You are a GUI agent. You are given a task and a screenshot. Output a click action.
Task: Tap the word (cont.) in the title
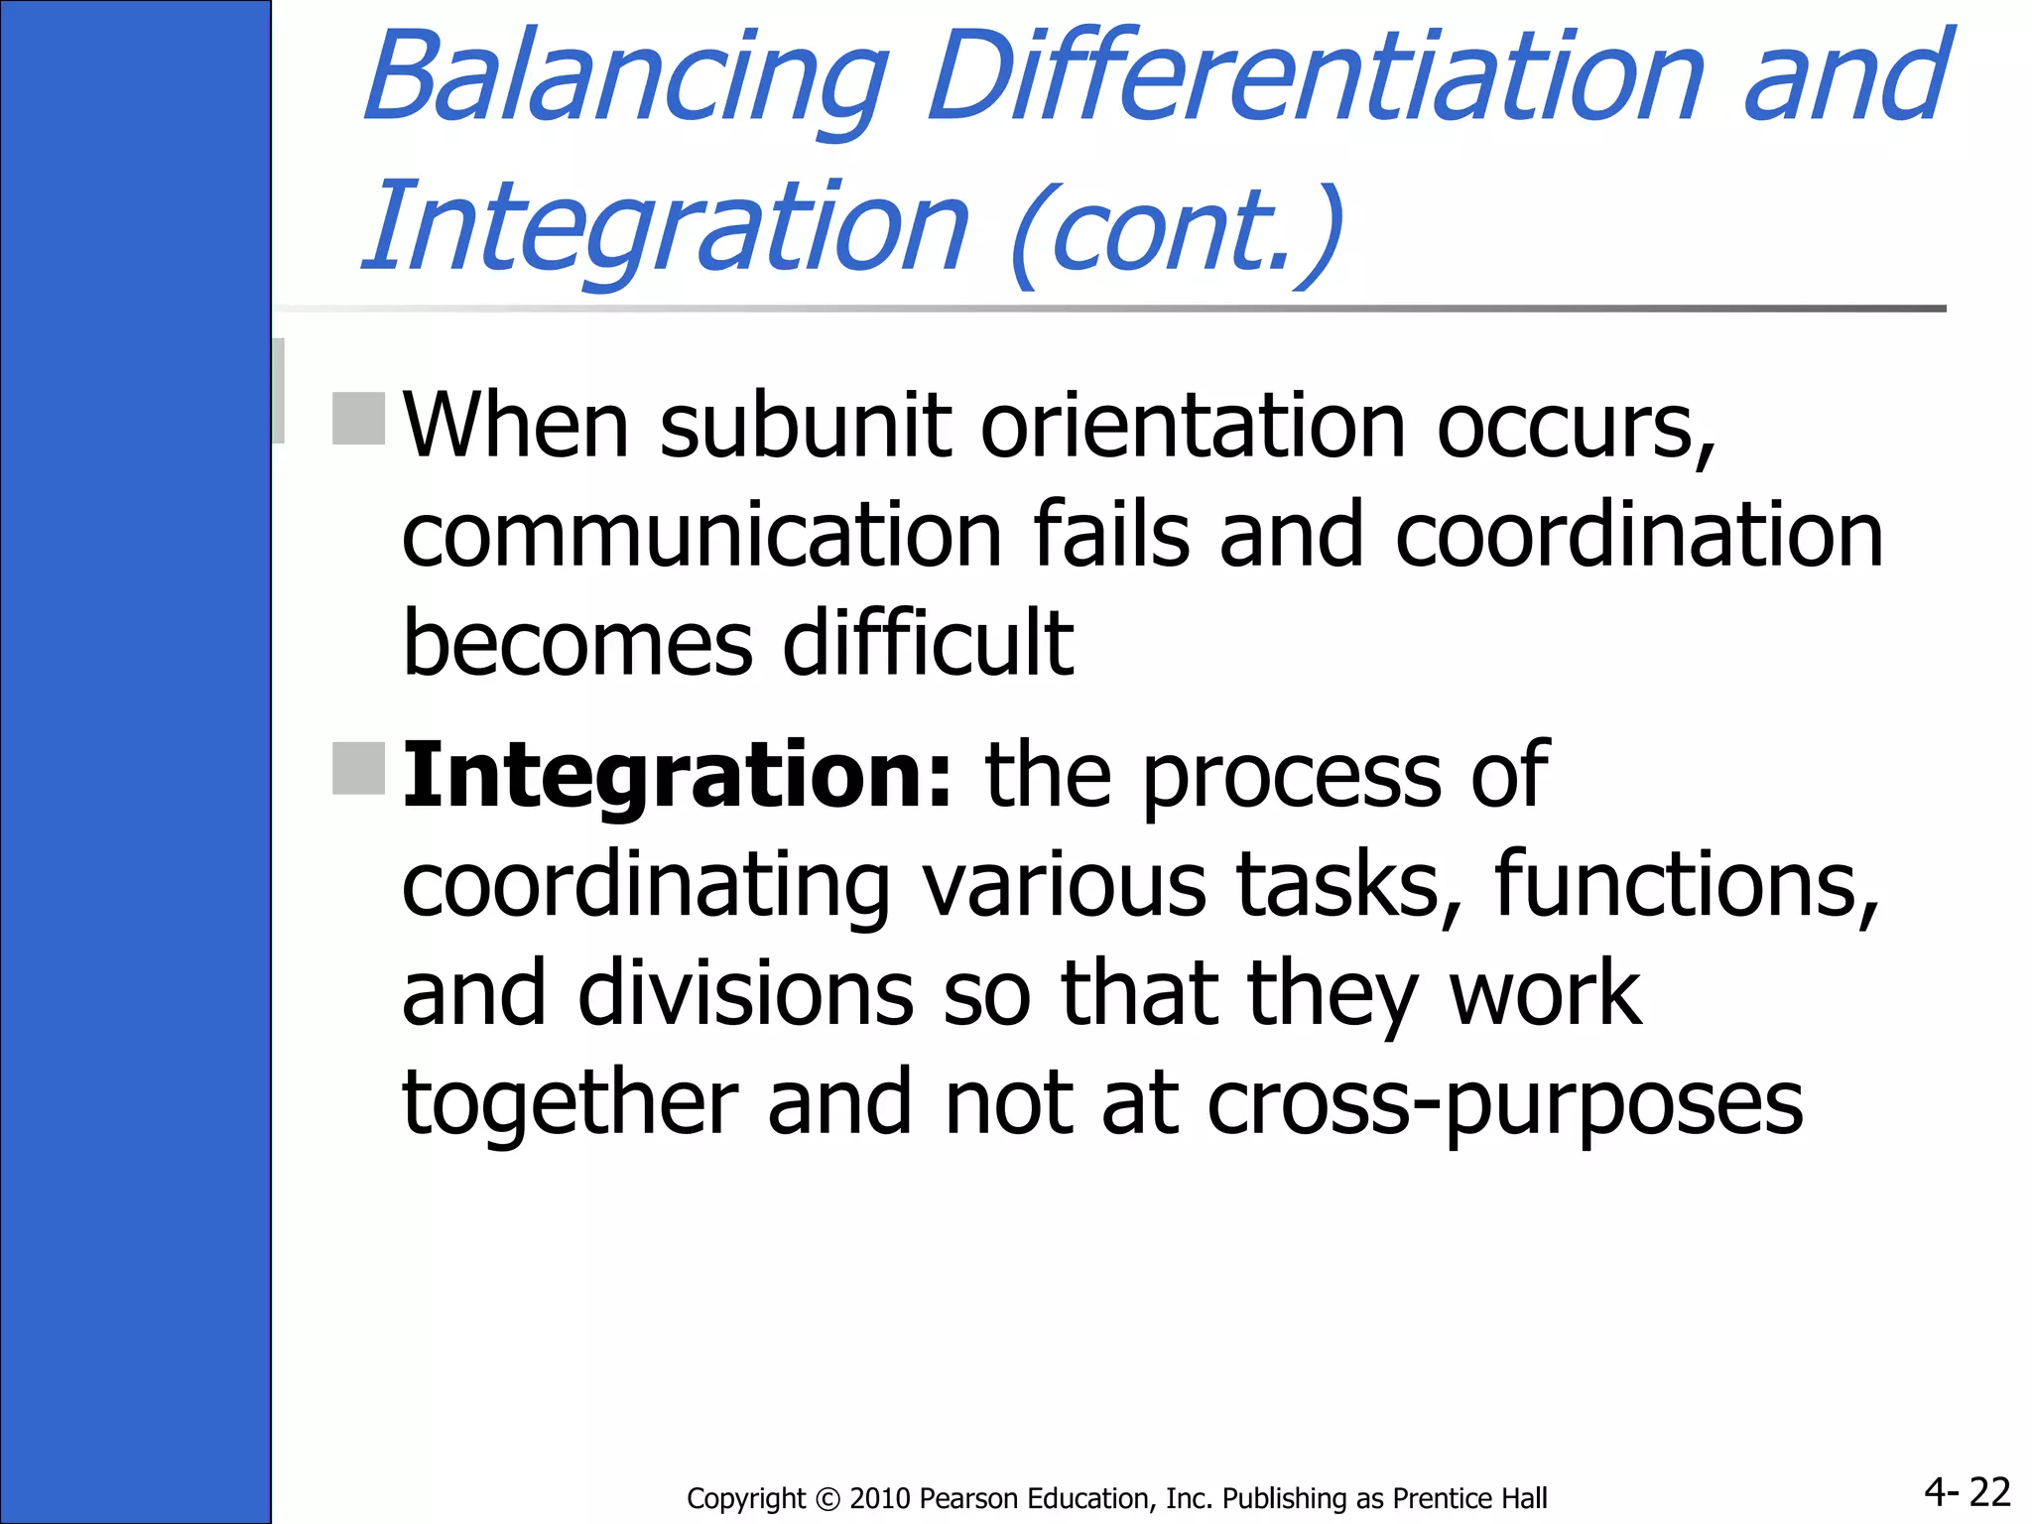pyautogui.click(x=1177, y=230)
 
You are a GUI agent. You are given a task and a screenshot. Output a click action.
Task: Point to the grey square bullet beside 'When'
pyautogui.click(x=358, y=419)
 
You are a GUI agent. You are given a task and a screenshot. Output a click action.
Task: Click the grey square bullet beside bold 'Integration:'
pyautogui.click(x=358, y=768)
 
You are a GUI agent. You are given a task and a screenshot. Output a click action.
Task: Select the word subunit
pyautogui.click(x=805, y=427)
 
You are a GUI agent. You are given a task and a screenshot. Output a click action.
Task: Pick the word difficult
pyautogui.click(x=928, y=645)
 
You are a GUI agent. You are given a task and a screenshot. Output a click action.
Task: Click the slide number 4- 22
pyautogui.click(x=1967, y=1491)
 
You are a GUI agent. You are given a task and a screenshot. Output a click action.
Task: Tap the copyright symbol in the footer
pyautogui.click(x=827, y=1499)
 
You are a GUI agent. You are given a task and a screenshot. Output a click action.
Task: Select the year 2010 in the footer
pyautogui.click(x=881, y=1499)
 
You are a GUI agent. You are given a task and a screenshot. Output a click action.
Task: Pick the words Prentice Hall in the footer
pyautogui.click(x=1469, y=1499)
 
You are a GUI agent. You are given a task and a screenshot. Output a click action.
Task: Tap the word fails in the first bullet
pyautogui.click(x=1110, y=536)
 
